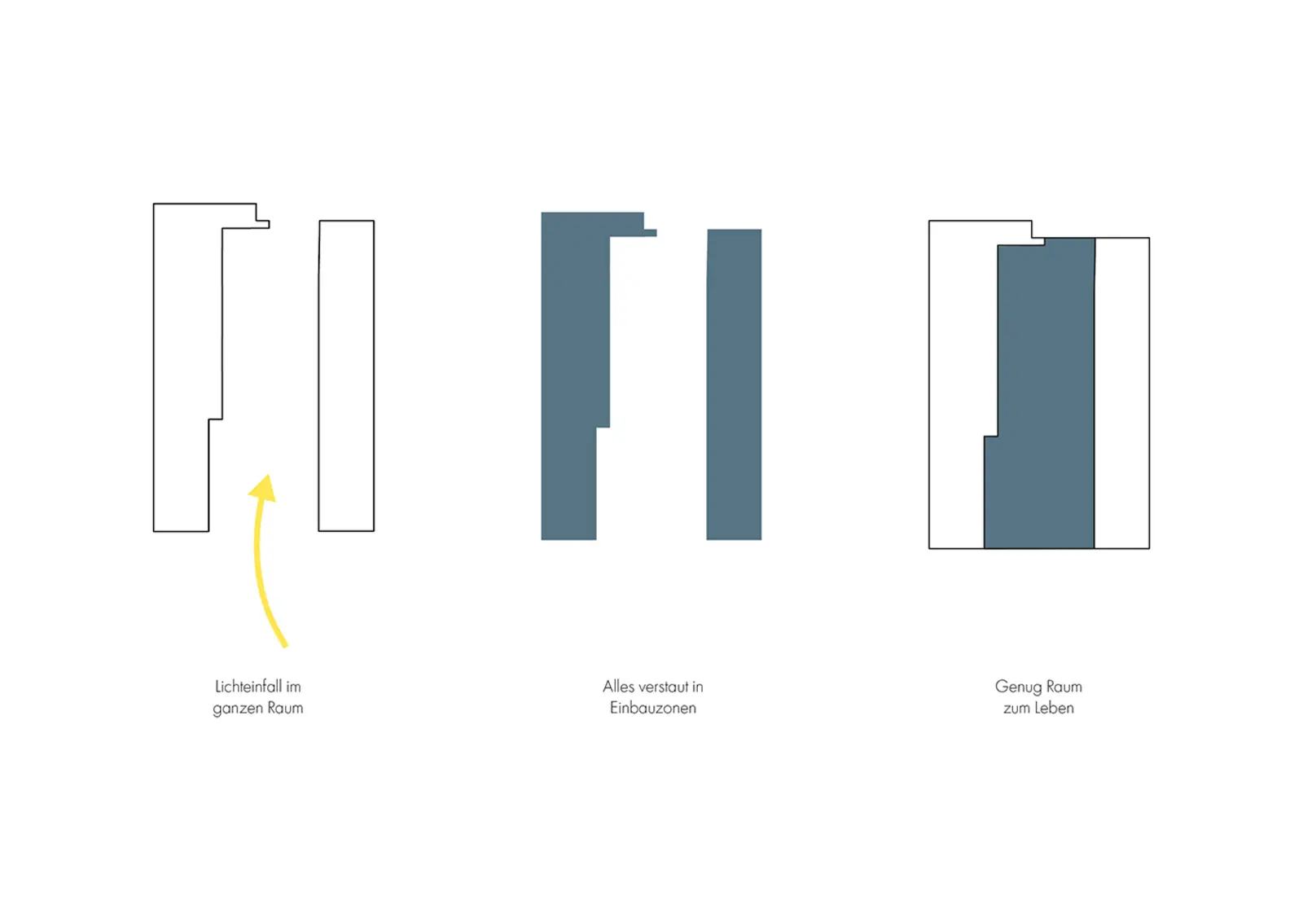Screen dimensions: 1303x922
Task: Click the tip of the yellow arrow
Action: pos(269,475)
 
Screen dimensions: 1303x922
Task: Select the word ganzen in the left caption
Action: pos(235,709)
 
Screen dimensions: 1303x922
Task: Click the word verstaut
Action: pos(663,687)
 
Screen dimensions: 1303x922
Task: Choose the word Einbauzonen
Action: pos(652,708)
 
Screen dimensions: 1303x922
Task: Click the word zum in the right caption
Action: pos(1016,709)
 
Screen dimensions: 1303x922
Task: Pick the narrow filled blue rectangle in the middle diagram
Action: pos(734,384)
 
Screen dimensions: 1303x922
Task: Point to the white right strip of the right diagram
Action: pos(1122,393)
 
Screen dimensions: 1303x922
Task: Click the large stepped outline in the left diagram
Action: pos(154,367)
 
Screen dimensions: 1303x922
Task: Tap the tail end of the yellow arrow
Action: pos(286,645)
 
